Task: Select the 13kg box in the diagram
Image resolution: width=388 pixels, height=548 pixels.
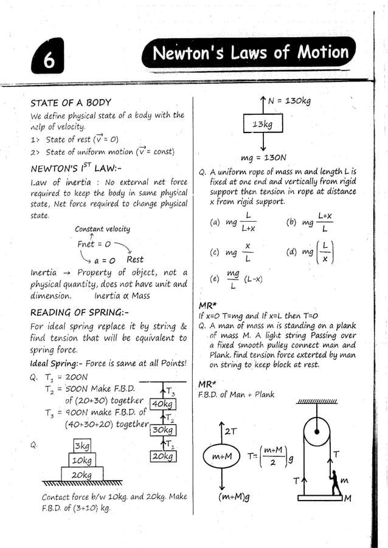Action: tap(263, 125)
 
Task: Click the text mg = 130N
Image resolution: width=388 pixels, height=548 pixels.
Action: tap(264, 157)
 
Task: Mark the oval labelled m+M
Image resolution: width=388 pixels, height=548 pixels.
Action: tap(223, 456)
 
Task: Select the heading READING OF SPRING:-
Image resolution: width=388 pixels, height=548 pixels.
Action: tap(80, 312)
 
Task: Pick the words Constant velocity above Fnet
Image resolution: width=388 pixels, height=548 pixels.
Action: tap(102, 229)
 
